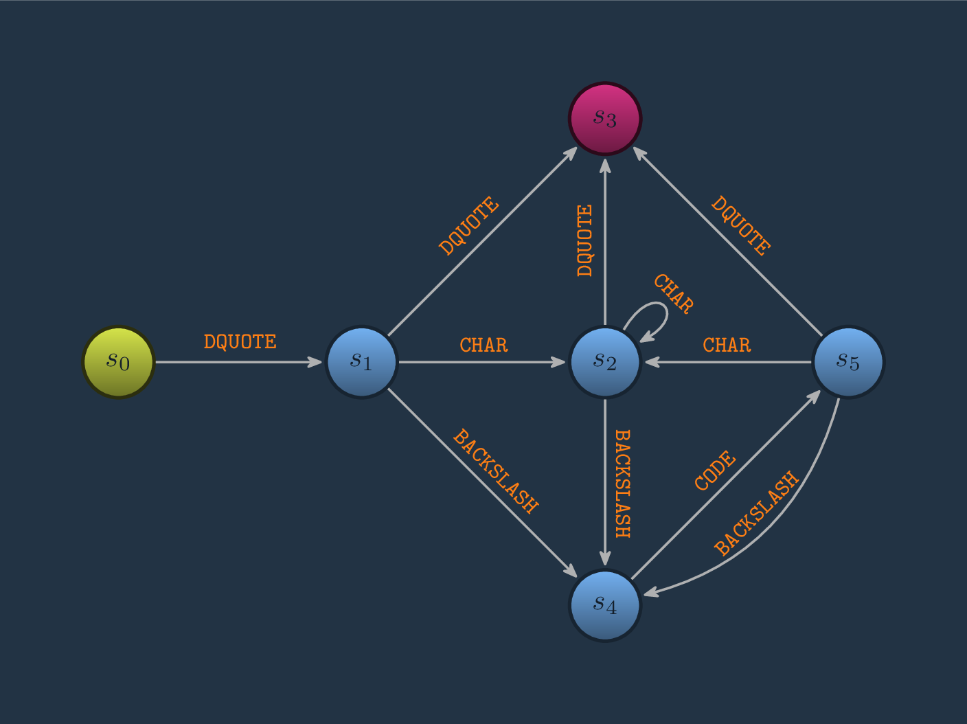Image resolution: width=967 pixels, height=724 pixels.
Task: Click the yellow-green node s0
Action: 119,362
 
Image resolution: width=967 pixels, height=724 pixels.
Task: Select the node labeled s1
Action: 362,362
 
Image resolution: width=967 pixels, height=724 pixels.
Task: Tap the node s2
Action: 605,362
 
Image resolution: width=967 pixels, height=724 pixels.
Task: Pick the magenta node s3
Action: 605,119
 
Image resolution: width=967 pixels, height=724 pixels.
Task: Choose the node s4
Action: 605,605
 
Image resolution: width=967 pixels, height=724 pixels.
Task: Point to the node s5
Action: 848,362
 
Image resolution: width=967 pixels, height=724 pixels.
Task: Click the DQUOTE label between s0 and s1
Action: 240,342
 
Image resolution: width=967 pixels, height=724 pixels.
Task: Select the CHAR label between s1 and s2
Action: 483,345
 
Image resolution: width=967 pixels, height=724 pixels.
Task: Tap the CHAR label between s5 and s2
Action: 727,345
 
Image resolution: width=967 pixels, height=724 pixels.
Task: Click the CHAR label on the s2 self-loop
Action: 673,293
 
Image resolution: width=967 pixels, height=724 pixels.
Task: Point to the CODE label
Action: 715,471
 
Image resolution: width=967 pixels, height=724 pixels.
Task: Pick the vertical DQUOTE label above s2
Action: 585,240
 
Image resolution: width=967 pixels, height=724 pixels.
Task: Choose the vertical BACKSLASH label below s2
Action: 622,484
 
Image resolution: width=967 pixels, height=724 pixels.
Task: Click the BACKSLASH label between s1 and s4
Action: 495,471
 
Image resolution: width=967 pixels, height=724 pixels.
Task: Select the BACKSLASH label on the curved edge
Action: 757,512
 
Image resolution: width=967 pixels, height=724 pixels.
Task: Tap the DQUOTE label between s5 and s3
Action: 740,226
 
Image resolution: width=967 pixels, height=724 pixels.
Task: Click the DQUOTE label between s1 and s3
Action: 469,226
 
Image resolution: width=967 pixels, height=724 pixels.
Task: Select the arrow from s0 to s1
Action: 240,362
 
